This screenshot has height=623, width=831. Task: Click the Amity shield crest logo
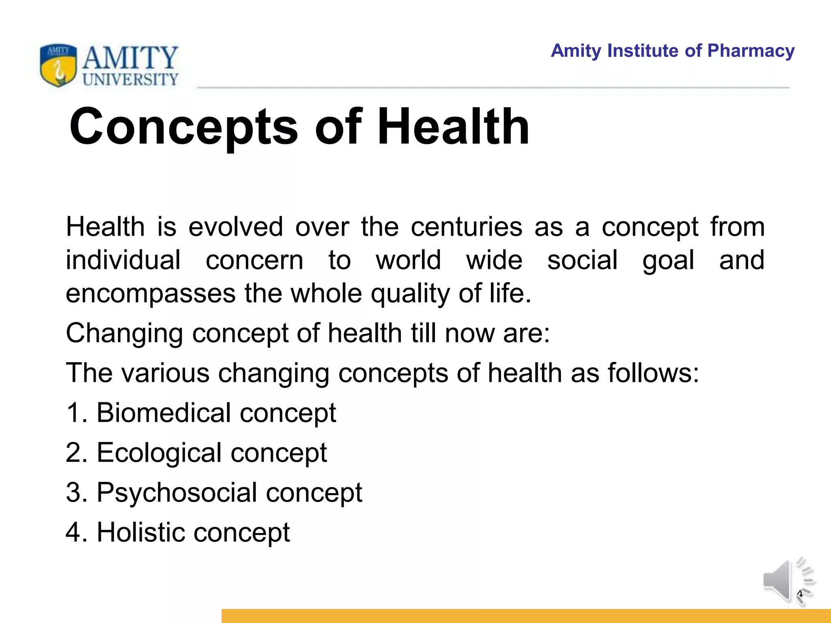(58, 65)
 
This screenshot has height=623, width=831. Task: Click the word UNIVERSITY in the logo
(130, 79)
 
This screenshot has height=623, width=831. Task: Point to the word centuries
(466, 227)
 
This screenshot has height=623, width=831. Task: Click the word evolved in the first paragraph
(236, 227)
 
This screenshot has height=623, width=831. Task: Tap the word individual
(123, 260)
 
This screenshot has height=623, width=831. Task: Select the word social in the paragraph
(582, 260)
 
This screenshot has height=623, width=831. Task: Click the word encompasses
(150, 294)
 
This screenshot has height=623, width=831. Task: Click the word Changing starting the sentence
(124, 334)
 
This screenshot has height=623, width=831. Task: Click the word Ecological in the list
(159, 453)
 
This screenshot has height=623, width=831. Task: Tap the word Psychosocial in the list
(177, 493)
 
